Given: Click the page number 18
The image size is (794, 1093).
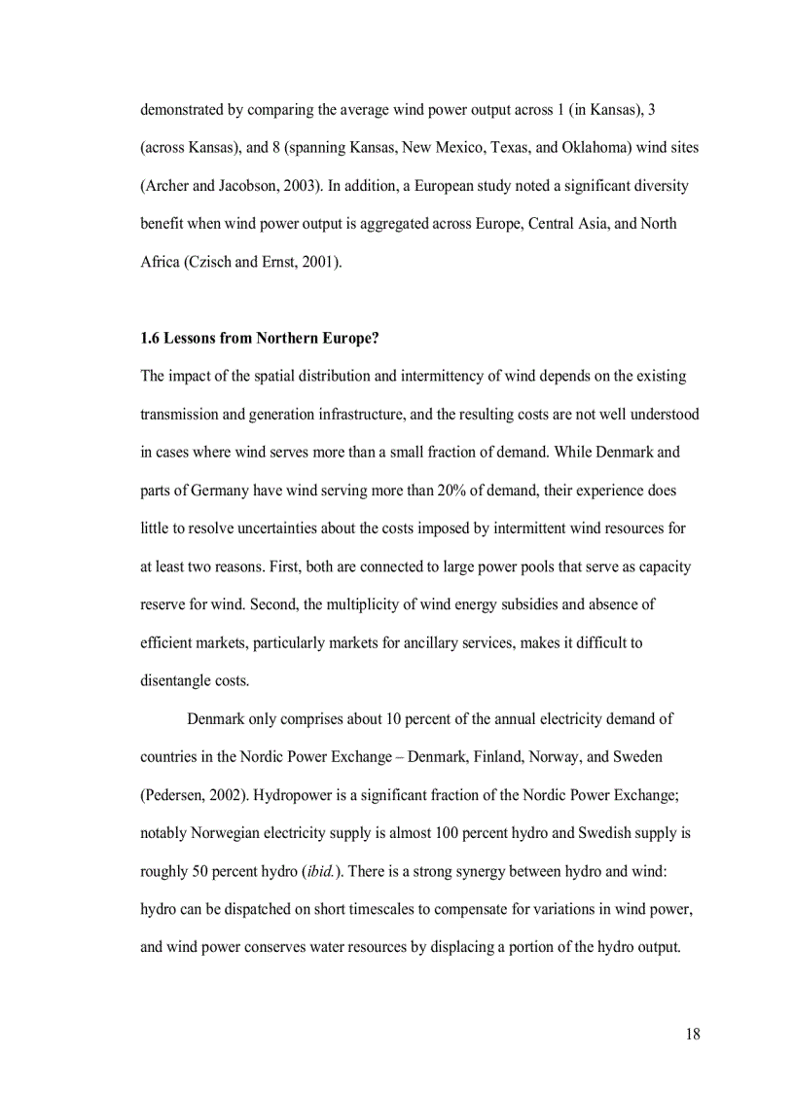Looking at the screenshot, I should [x=692, y=1034].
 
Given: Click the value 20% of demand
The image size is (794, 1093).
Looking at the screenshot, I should [x=452, y=490].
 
